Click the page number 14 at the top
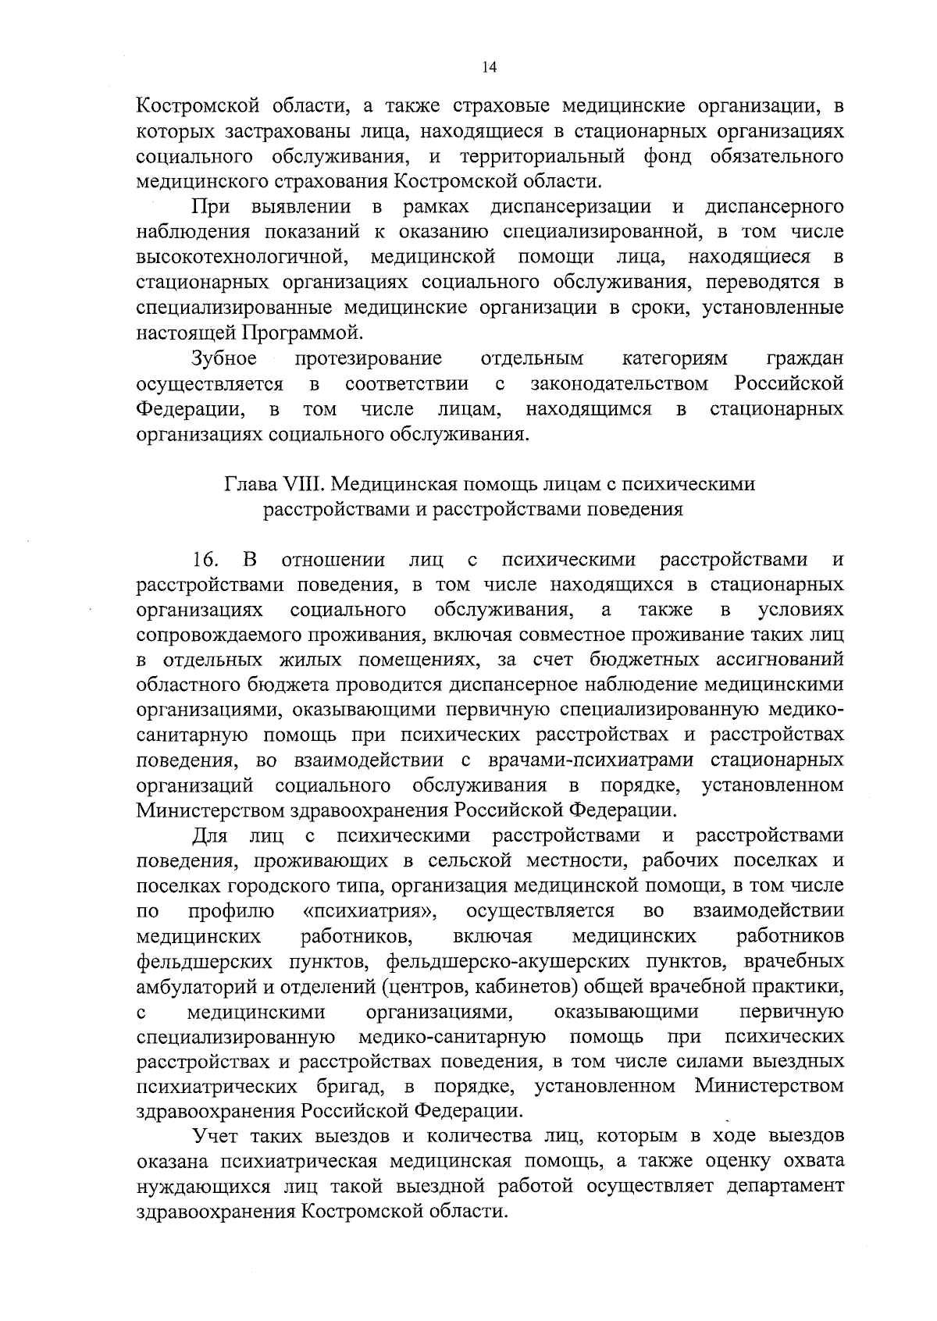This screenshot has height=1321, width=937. click(x=489, y=68)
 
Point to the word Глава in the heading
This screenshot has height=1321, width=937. click(x=250, y=484)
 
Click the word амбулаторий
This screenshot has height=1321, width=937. click(x=192, y=987)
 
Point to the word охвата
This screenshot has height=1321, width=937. click(x=812, y=1162)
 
